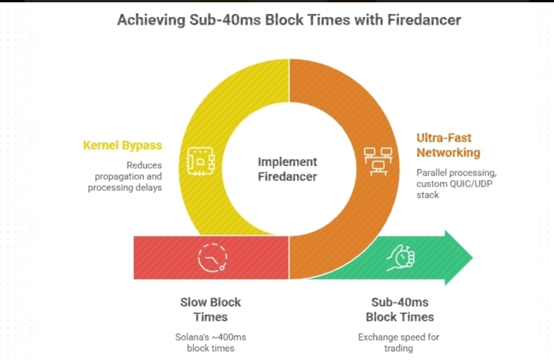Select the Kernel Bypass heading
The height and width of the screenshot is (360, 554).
(122, 145)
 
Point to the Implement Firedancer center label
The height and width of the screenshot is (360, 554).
(287, 169)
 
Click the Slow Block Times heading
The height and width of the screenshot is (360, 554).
(210, 309)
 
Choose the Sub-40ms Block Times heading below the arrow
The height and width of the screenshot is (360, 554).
(399, 309)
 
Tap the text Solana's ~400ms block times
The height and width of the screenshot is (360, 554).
(210, 343)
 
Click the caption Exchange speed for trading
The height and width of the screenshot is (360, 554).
(399, 343)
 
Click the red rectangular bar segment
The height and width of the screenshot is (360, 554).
(177, 257)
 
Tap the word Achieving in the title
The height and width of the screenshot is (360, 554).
(149, 19)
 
